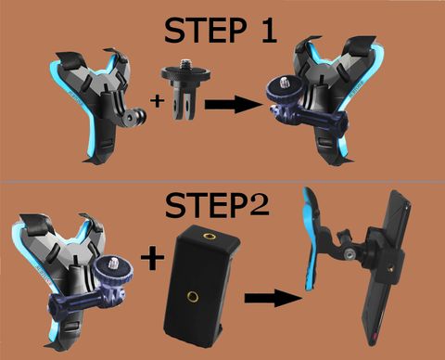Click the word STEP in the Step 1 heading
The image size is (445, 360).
point(205,30)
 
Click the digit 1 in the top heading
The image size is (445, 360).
point(269,30)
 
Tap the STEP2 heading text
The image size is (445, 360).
point(217,205)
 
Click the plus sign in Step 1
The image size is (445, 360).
point(158,101)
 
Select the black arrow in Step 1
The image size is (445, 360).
point(233,104)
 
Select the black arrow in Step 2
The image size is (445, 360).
point(273,298)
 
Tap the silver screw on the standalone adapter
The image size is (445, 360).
point(186,63)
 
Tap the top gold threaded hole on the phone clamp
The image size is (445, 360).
point(208,236)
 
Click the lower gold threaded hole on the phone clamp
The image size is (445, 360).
point(193,297)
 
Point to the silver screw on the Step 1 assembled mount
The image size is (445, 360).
point(285,83)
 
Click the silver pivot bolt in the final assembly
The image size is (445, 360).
point(350,254)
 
